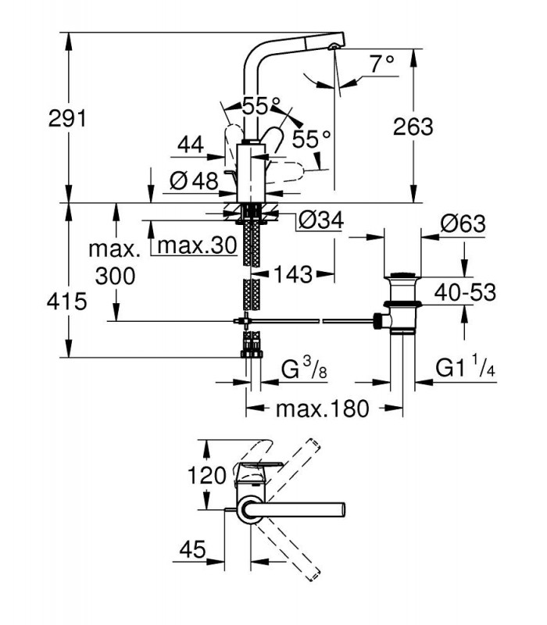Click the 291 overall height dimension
coord(67,119)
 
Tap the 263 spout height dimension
coord(413,127)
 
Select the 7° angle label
coord(382,64)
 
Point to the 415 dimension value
coord(66,302)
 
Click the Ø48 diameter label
coord(194,181)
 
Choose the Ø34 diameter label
coord(320,220)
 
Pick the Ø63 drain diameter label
coord(463,223)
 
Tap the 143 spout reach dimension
coord(293,274)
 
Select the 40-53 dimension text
coord(465,292)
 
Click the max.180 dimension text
coord(323,409)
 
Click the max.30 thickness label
coord(198,245)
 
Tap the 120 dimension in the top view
coord(206,475)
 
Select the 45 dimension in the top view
coord(192,550)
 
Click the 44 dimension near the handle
coord(191,145)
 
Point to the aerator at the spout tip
coord(332,47)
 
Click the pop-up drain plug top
coord(402,275)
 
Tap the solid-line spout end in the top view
coord(342,509)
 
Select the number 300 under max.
coord(115,276)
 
